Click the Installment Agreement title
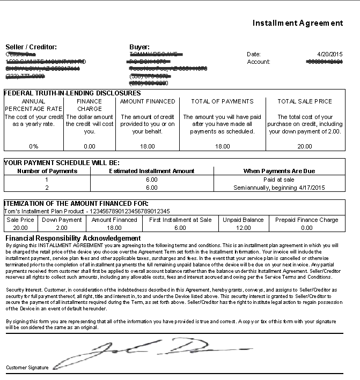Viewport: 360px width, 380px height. coord(297,23)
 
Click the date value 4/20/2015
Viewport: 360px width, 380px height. coord(329,54)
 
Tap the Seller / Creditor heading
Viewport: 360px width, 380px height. coord(31,47)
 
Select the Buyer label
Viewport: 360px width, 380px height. coord(139,47)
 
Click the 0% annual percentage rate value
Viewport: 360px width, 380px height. coord(33,146)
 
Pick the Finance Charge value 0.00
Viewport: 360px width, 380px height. coord(89,146)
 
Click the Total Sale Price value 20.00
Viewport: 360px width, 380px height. coord(305,146)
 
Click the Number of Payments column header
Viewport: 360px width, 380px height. coord(47,171)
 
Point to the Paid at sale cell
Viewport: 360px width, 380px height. coord(279,180)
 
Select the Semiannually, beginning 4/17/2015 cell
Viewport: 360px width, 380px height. coord(279,188)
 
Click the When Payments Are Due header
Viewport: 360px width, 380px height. coord(279,171)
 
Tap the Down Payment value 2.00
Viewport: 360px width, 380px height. coord(62,227)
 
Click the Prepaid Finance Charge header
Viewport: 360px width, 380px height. coord(306,220)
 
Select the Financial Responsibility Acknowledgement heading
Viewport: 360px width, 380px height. coord(73,238)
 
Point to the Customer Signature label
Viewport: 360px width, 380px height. coord(27,368)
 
